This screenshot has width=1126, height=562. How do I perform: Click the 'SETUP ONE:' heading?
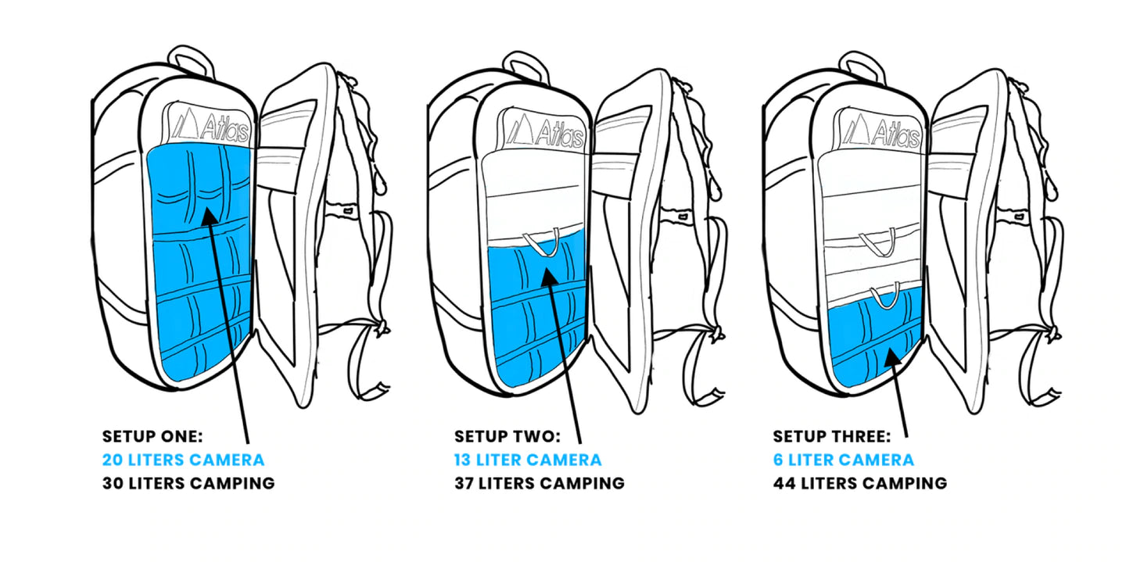(x=152, y=437)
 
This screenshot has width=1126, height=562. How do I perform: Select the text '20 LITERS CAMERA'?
(x=183, y=460)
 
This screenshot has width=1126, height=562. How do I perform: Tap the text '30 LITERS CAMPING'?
(x=188, y=483)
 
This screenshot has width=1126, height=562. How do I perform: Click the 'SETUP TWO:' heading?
(x=507, y=437)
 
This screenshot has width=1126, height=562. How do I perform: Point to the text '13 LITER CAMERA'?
(x=528, y=460)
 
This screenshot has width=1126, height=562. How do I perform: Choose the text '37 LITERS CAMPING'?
(x=540, y=483)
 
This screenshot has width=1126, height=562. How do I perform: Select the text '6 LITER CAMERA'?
(x=843, y=460)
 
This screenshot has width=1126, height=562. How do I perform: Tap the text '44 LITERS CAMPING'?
(x=860, y=483)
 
